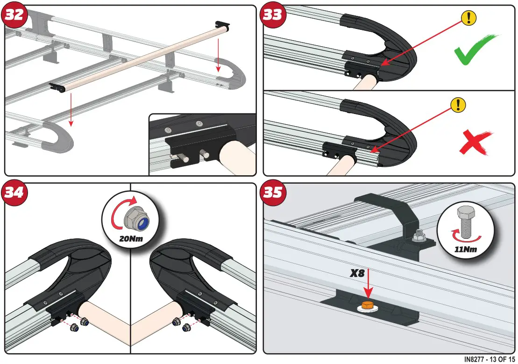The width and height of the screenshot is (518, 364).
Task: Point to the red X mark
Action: [x=474, y=142]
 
